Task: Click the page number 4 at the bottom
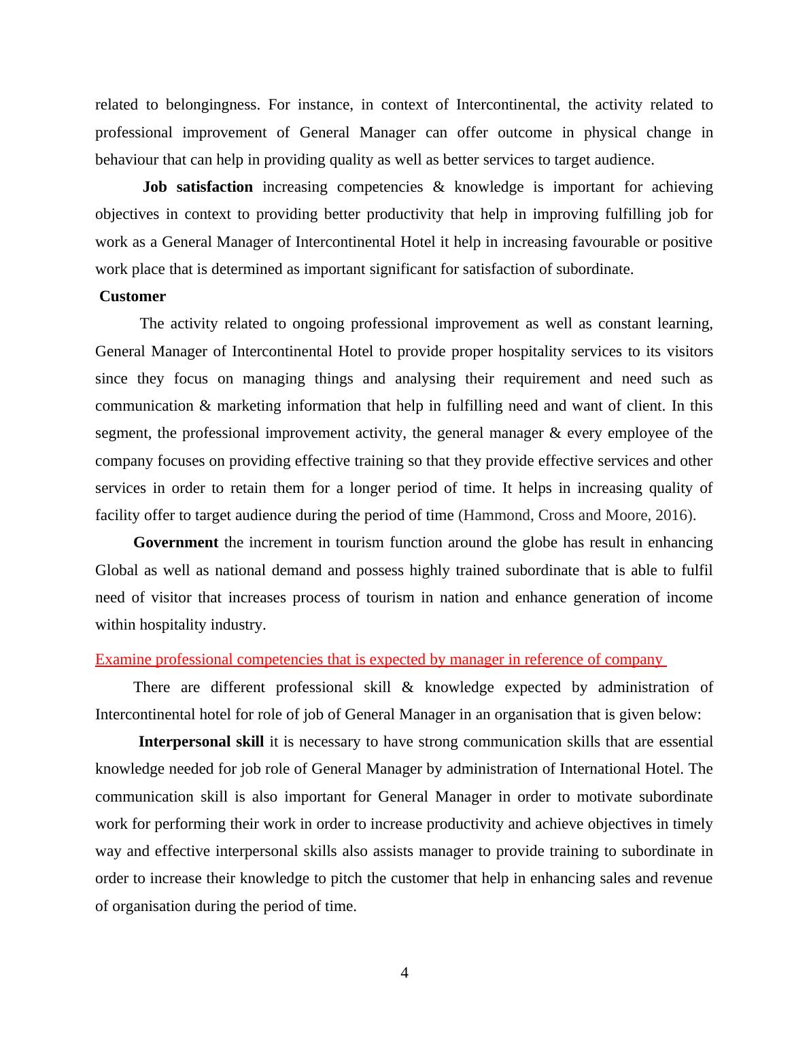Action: [x=404, y=973]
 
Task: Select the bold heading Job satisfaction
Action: [x=197, y=187]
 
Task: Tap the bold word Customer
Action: [x=133, y=296]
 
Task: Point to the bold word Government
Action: [x=175, y=543]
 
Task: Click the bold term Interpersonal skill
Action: [x=201, y=742]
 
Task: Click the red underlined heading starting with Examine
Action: [x=379, y=659]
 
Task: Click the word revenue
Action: [x=689, y=878]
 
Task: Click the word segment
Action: [x=122, y=433]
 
